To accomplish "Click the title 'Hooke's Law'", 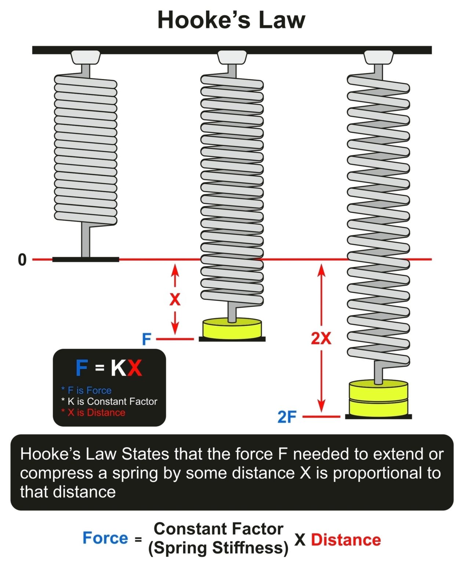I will (x=231, y=20).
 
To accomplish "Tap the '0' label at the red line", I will (x=22, y=260).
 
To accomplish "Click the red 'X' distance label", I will (x=175, y=299).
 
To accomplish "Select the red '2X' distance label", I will (x=321, y=338).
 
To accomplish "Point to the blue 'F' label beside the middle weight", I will (x=146, y=339).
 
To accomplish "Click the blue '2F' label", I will (x=287, y=417).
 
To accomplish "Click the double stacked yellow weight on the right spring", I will (x=378, y=398).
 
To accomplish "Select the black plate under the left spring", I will (x=86, y=260).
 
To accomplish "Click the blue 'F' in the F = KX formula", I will (x=82, y=368).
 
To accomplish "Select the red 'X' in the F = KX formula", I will (x=134, y=368).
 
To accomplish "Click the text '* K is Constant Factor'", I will (x=109, y=401).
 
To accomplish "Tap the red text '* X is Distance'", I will (x=93, y=412).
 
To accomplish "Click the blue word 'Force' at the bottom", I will (x=105, y=538).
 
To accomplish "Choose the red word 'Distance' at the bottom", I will (x=346, y=540).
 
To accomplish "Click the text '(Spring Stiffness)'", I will (x=218, y=547).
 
